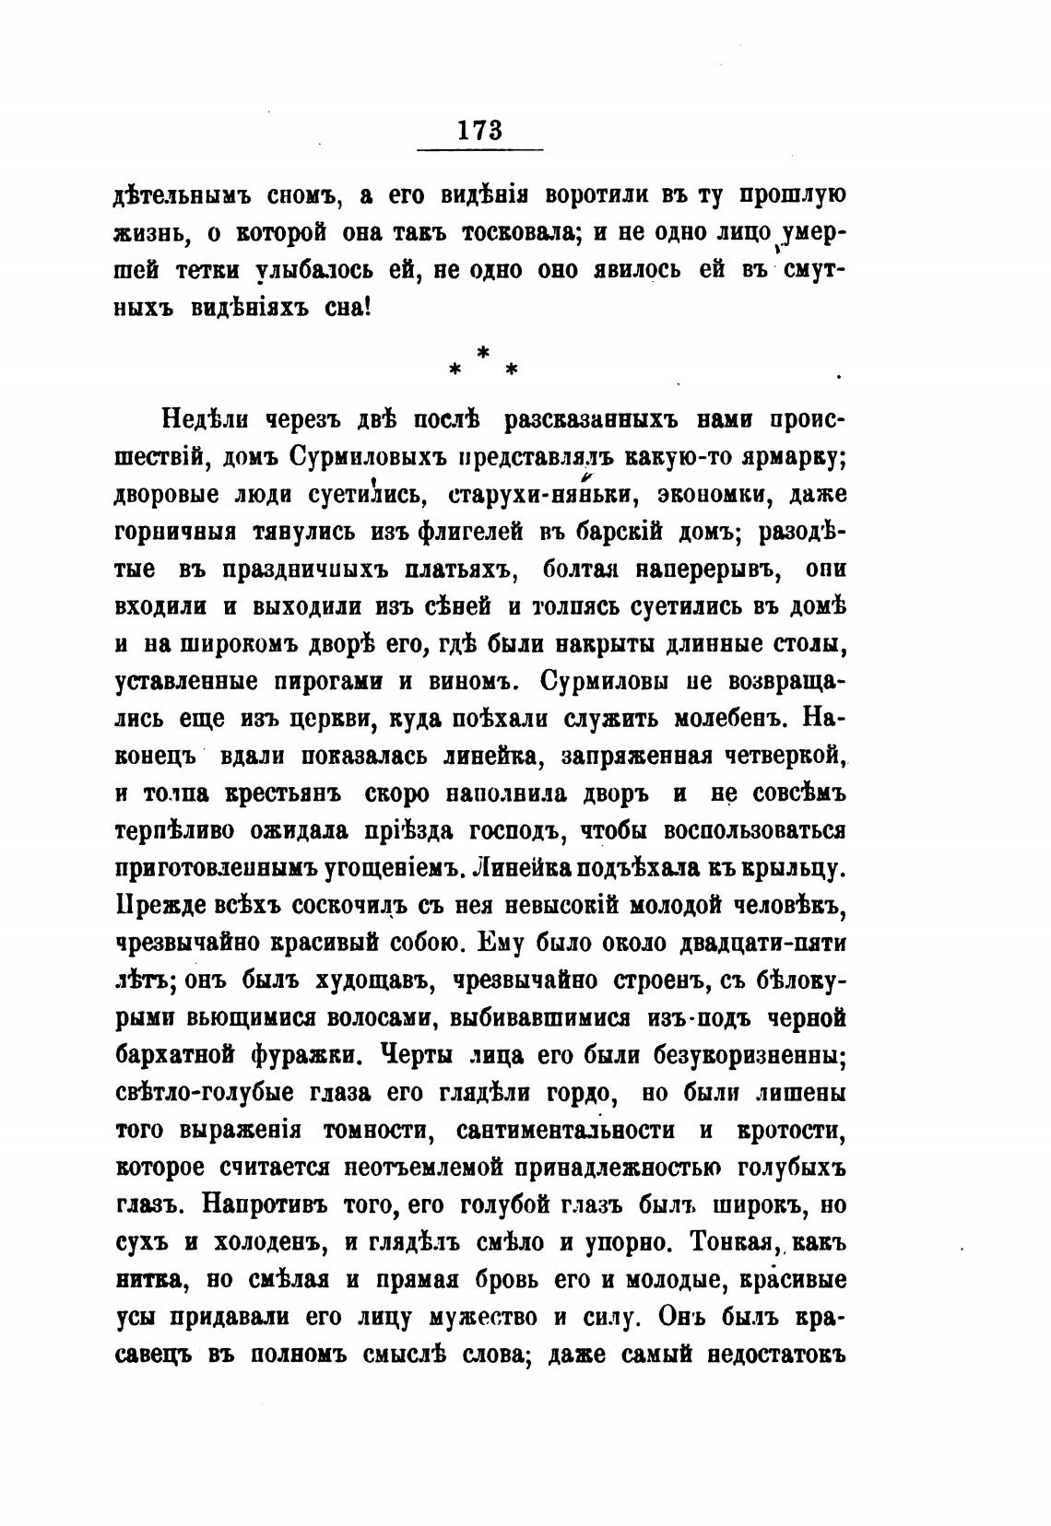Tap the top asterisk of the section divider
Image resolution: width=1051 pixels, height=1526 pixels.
(481, 351)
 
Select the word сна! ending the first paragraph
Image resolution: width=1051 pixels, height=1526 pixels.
(347, 308)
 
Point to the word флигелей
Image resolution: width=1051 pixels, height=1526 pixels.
(483, 532)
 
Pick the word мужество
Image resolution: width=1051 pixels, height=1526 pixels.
(485, 1318)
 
